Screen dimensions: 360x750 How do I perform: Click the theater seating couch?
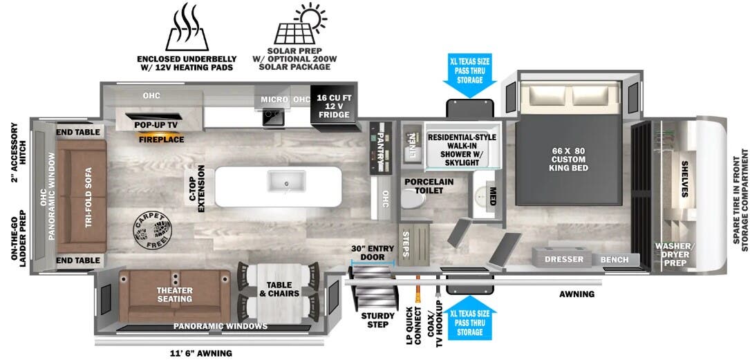coord(174,294)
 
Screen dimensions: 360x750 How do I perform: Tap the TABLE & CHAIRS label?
coord(279,290)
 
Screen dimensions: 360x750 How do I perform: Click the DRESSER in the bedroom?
coord(564,260)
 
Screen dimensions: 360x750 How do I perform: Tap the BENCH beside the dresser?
coord(615,260)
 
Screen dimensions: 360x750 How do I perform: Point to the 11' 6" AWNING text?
coord(201,353)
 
